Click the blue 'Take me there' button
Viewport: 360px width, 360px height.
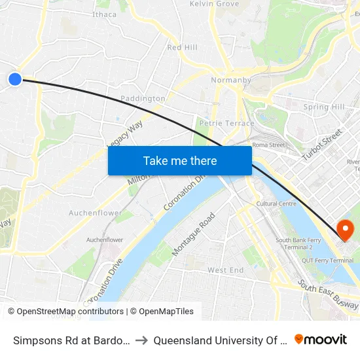coord(180,160)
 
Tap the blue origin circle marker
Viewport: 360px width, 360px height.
coord(15,79)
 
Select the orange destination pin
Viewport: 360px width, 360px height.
coord(344,230)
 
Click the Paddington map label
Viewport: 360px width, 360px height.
coord(143,99)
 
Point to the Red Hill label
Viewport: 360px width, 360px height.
coord(182,48)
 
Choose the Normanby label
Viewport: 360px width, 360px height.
coord(231,81)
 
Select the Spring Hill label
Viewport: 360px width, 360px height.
coord(323,107)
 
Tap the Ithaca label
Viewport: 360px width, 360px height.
coord(105,14)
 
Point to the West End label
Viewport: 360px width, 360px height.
coord(225,270)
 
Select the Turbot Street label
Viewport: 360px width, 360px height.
coord(322,145)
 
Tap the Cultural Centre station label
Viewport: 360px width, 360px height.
coord(276,204)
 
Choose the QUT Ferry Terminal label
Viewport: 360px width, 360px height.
coord(332,261)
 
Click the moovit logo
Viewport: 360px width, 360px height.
coord(321,339)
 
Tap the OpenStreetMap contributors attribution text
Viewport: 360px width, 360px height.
coord(66,312)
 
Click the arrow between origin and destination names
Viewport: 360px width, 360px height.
coord(141,340)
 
